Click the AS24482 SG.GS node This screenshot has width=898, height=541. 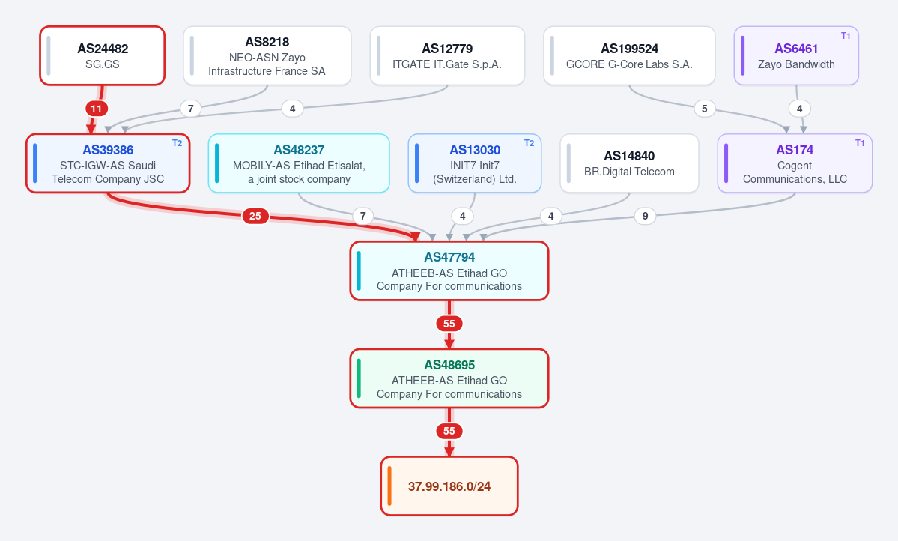[103, 55]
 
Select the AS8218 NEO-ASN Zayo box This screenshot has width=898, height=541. [267, 55]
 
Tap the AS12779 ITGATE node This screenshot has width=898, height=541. [447, 55]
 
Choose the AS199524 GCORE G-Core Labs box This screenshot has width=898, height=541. [629, 55]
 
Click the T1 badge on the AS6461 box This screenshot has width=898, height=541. [846, 36]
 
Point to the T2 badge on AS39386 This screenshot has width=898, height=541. [177, 143]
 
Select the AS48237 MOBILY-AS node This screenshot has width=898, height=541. [299, 163]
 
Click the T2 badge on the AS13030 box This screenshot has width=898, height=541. [530, 143]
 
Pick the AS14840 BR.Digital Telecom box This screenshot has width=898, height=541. [629, 163]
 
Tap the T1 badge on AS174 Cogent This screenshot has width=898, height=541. [860, 143]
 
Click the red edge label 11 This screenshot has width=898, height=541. [96, 109]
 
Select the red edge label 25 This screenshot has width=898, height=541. [255, 216]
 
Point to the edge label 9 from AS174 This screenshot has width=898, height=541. [646, 216]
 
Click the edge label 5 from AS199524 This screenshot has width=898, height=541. [705, 109]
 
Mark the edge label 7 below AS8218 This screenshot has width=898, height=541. [191, 109]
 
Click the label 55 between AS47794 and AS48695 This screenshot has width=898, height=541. [449, 324]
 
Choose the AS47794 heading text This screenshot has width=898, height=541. [449, 257]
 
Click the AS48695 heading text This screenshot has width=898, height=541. [449, 365]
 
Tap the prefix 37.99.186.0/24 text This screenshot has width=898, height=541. [449, 486]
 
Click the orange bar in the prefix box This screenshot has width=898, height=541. [389, 486]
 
